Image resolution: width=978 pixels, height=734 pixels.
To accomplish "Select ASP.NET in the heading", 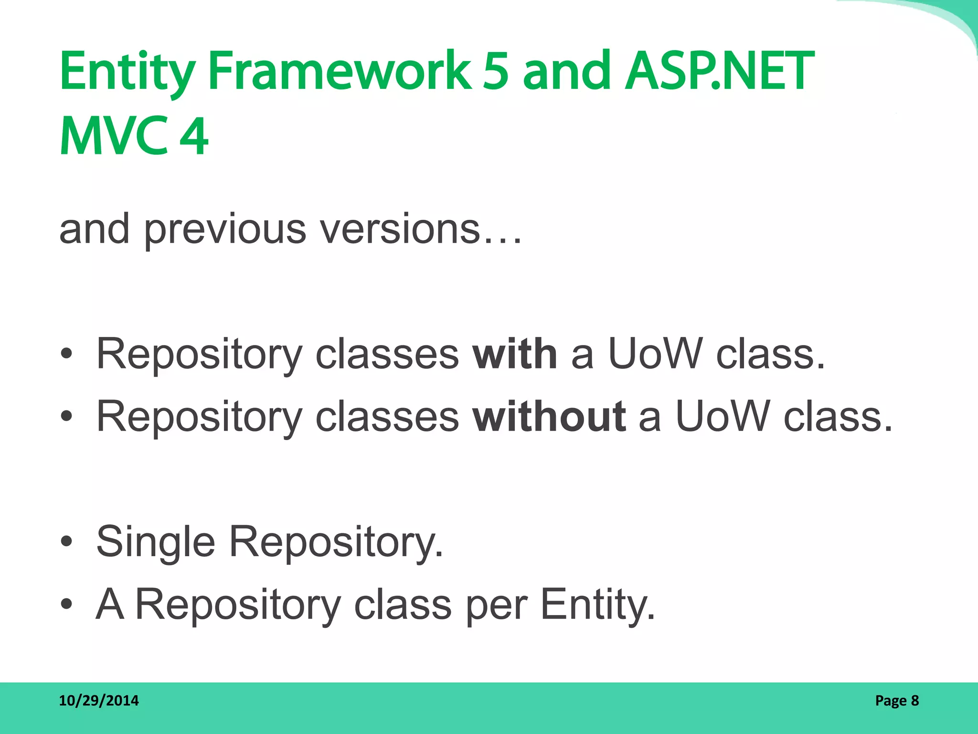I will point(719,72).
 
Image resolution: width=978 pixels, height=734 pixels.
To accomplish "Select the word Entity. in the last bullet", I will point(597,605).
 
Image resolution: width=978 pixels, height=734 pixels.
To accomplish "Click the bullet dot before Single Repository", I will point(66,541).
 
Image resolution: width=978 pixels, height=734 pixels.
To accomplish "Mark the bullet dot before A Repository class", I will point(66,604).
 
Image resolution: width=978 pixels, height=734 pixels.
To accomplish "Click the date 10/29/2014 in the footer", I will point(99,701).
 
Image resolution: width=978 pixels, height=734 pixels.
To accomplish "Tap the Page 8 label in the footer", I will point(897,701).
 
